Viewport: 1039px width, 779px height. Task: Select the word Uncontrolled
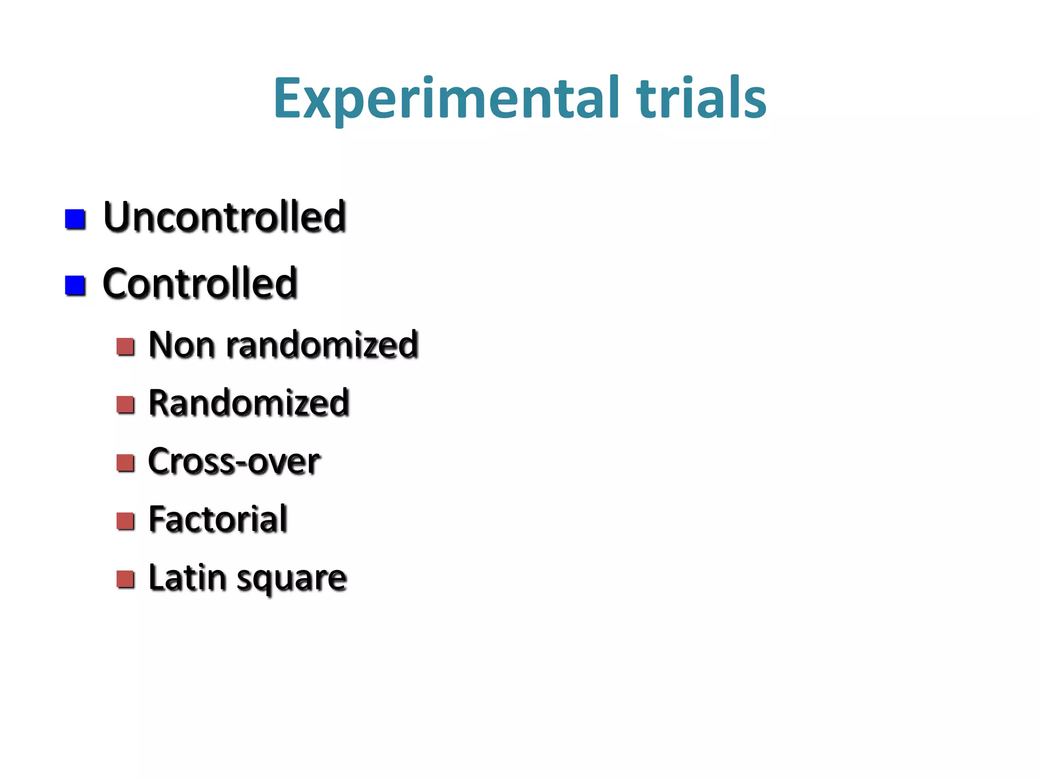click(225, 217)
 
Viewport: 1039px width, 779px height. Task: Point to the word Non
click(181, 345)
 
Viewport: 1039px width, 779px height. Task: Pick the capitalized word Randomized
click(249, 403)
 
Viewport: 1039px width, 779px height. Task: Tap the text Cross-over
click(234, 462)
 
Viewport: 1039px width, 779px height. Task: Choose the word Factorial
click(218, 519)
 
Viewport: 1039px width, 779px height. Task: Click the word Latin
click(187, 578)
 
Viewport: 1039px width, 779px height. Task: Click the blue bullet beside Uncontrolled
click(75, 219)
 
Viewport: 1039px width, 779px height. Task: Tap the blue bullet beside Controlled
click(75, 285)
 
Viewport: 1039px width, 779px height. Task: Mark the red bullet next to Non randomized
click(125, 347)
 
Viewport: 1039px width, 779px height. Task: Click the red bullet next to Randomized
click(125, 405)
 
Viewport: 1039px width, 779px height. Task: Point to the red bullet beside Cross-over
click(125, 463)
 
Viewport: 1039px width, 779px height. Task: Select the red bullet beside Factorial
click(125, 521)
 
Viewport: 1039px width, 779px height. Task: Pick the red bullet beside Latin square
click(125, 579)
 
